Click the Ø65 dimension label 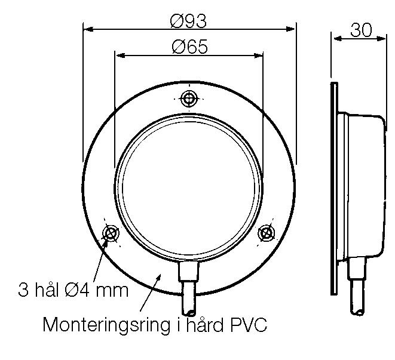click(189, 47)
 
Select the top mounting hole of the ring click(189, 99)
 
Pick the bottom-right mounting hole click(266, 232)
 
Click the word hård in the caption click(200, 325)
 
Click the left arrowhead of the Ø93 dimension click(87, 28)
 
